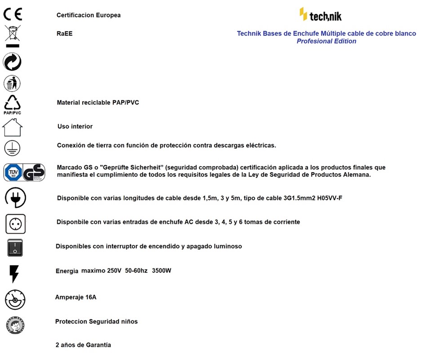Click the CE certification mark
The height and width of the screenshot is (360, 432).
click(13, 14)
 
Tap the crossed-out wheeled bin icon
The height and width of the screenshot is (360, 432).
click(13, 34)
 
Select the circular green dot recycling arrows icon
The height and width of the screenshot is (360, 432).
click(12, 62)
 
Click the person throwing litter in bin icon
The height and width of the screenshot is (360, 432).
click(12, 83)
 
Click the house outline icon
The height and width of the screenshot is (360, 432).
click(12, 127)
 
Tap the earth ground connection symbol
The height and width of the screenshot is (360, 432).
click(12, 148)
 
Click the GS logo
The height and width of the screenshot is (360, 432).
click(34, 172)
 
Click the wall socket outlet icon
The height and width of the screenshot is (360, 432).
click(15, 223)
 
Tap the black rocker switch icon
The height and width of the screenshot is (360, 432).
click(15, 247)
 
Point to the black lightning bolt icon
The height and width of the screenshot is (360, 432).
click(14, 273)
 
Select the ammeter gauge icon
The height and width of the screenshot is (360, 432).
click(15, 300)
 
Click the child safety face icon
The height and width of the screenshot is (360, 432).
click(15, 325)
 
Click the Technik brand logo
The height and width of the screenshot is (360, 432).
click(321, 15)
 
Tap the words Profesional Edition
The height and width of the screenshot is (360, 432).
click(326, 41)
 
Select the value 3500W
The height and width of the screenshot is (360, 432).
click(161, 271)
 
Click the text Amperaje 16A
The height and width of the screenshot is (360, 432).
click(76, 297)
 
